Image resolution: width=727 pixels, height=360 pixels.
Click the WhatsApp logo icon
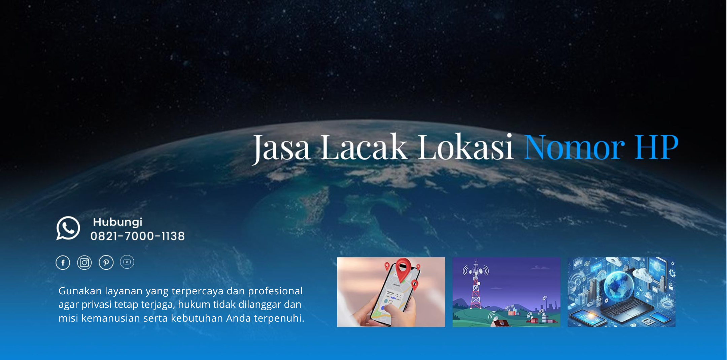(68, 228)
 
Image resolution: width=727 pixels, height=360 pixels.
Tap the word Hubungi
(117, 222)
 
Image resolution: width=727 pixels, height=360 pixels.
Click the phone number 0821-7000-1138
(138, 236)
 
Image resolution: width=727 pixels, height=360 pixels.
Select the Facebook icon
(63, 263)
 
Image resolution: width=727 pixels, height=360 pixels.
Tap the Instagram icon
(84, 263)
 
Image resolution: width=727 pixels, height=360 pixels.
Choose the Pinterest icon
(106, 263)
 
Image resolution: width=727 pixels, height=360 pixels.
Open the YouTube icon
(127, 262)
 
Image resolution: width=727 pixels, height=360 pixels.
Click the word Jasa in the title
(281, 148)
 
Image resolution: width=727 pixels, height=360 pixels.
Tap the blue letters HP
(657, 147)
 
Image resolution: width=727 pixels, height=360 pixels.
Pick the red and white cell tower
(475, 285)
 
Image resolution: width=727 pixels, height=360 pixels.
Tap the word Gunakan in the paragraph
(80, 291)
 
